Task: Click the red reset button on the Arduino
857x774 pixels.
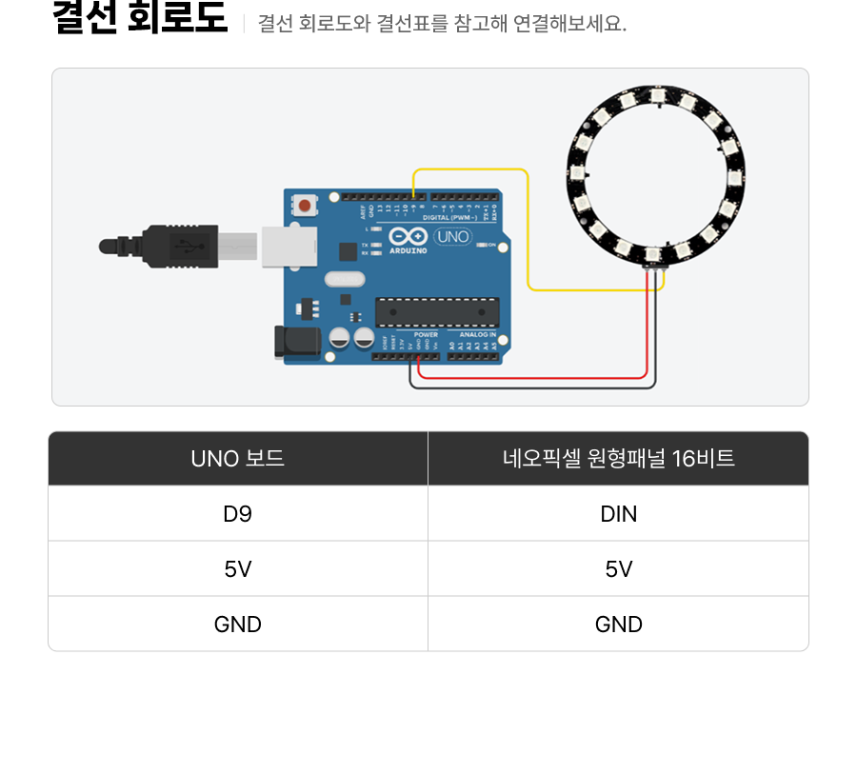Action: pyautogui.click(x=305, y=205)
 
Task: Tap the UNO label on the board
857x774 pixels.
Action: pyautogui.click(x=452, y=236)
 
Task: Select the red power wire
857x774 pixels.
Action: pyautogui.click(x=533, y=377)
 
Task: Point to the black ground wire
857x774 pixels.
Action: pyautogui.click(x=533, y=387)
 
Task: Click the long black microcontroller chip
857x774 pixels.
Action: pyautogui.click(x=437, y=312)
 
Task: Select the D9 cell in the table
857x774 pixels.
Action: pyautogui.click(x=237, y=514)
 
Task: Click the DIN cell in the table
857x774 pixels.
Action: pyautogui.click(x=618, y=514)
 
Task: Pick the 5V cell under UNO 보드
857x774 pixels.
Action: pyautogui.click(x=237, y=569)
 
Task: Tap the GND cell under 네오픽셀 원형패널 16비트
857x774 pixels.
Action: pyautogui.click(x=618, y=625)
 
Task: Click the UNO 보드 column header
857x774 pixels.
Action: pyautogui.click(x=237, y=459)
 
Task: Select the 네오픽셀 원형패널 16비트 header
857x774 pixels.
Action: pyautogui.click(x=618, y=459)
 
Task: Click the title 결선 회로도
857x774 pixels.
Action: pyautogui.click(x=140, y=19)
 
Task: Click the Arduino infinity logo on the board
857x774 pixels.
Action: pyautogui.click(x=408, y=237)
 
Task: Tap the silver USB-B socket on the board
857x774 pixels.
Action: pyautogui.click(x=289, y=247)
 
